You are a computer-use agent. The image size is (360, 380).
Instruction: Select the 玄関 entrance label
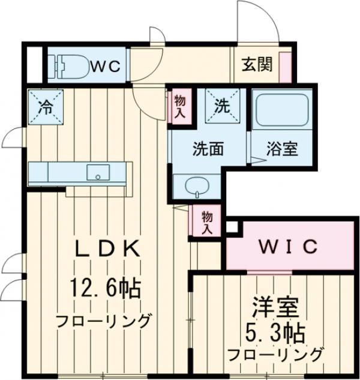256,64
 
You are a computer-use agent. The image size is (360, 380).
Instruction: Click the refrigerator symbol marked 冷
45,108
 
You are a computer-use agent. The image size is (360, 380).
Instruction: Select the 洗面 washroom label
204,149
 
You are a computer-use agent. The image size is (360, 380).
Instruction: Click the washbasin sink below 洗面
196,186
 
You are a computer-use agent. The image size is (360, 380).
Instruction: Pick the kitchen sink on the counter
98,172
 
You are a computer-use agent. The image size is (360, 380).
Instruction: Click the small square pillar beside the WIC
232,228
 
